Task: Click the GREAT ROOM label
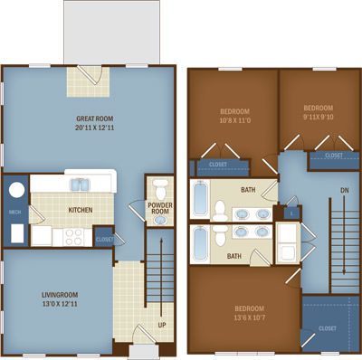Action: pos(94,118)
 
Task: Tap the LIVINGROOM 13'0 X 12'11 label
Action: pos(60,299)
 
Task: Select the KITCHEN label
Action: pos(81,210)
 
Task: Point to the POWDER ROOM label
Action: pos(160,208)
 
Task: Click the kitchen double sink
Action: pos(81,185)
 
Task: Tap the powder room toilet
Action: pos(160,189)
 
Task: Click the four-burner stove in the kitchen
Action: pos(73,237)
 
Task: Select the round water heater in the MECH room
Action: pos(16,190)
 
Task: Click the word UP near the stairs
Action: pos(162,325)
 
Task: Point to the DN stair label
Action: pos(345,191)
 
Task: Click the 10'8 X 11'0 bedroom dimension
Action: pos(235,120)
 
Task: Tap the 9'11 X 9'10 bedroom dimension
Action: pos(319,117)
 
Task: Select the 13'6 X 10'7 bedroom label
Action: pos(250,313)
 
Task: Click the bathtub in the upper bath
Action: pos(200,198)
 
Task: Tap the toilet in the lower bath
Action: pos(220,235)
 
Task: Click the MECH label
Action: pos(14,212)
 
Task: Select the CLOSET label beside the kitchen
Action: pos(104,240)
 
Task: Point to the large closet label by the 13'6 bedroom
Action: pos(328,328)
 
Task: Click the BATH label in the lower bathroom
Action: pos(234,256)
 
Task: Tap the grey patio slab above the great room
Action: pos(111,32)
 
